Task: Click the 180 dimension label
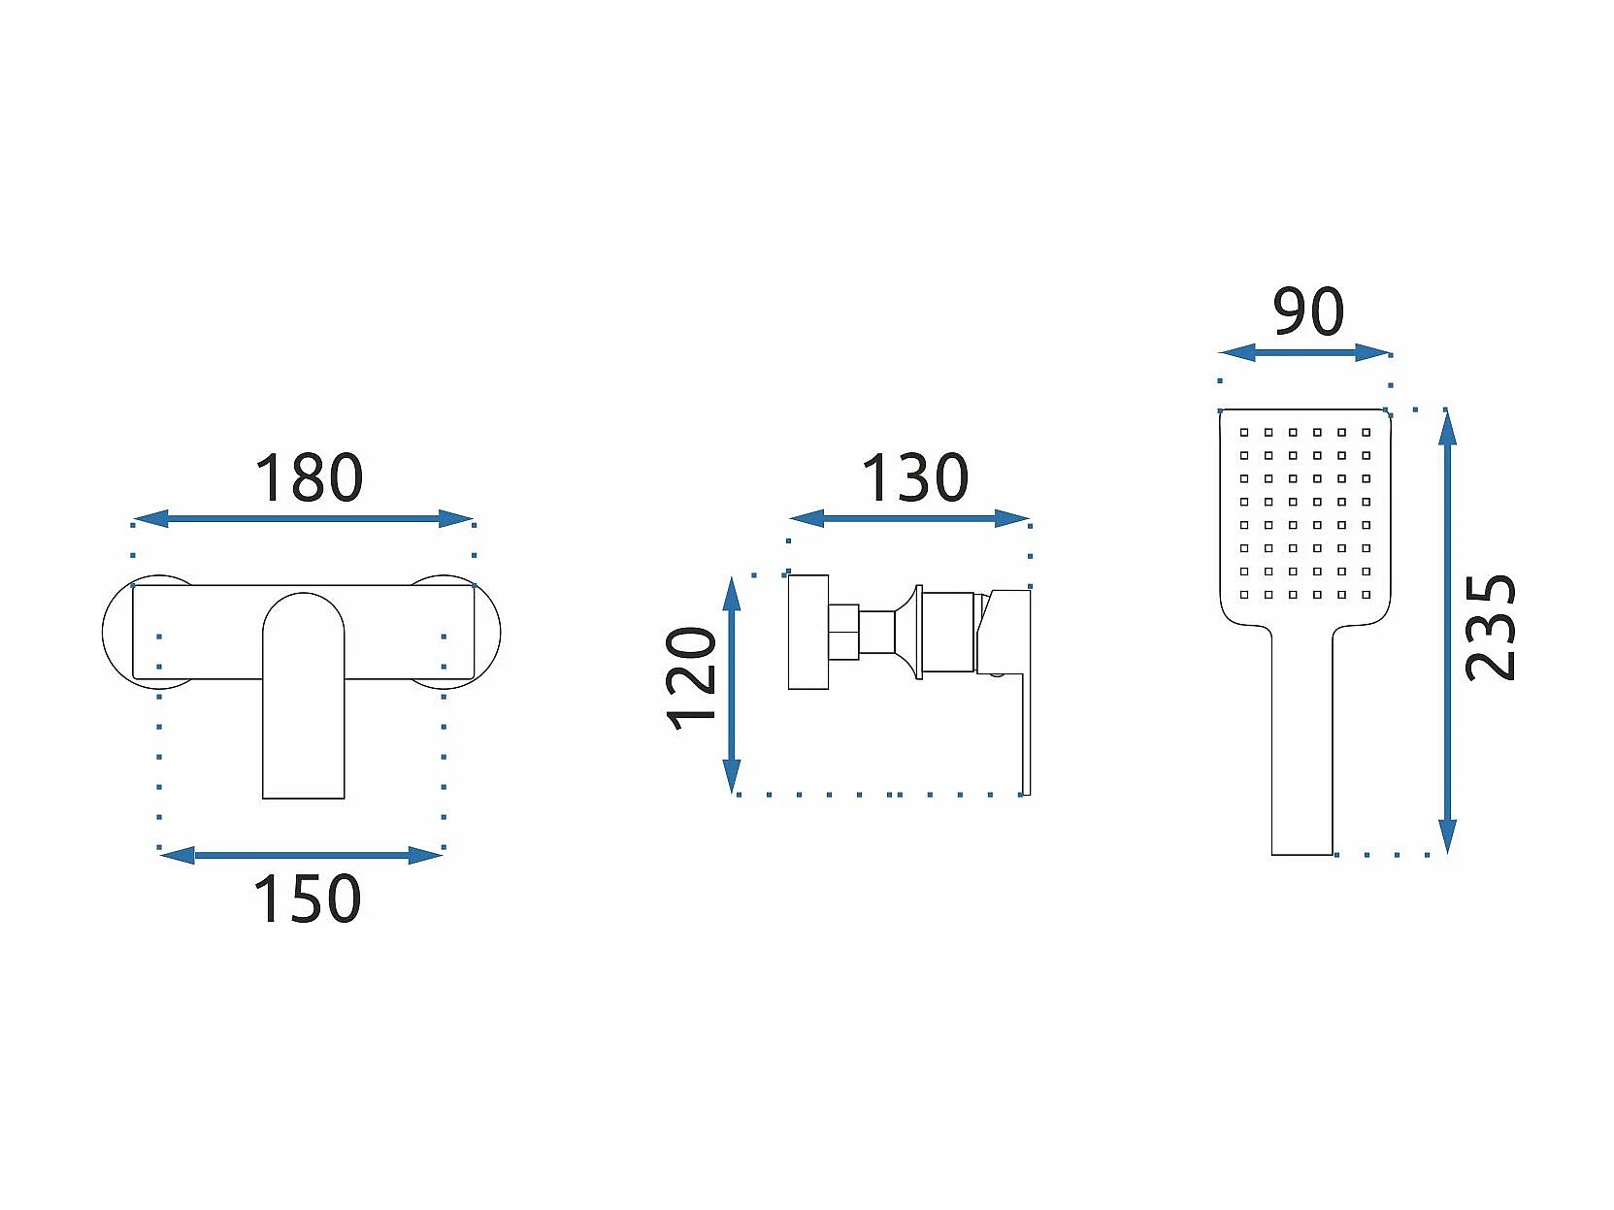[x=309, y=478]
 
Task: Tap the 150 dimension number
[x=307, y=899]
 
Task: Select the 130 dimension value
[x=915, y=478]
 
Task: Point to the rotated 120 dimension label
[x=691, y=677]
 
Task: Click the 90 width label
[x=1308, y=312]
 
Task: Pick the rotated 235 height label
[x=1491, y=628]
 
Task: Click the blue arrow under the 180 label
[x=303, y=519]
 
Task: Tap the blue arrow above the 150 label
[x=301, y=855]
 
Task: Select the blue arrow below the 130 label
[x=909, y=519]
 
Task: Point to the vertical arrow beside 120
[x=732, y=685]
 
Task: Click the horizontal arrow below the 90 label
[x=1305, y=353]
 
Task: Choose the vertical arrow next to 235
[x=1447, y=632]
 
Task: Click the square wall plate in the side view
[x=808, y=633]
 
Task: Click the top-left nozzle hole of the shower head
[x=1244, y=432]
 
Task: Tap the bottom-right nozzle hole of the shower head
[x=1367, y=595]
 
